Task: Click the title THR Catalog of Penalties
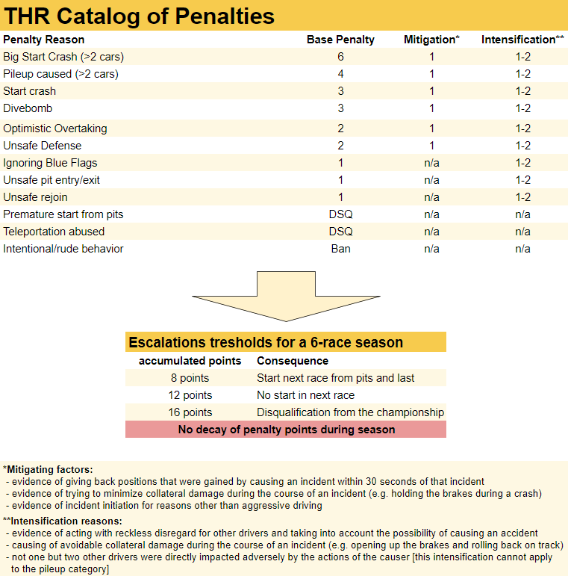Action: point(140,16)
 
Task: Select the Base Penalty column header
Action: point(340,40)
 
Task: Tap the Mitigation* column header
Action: point(431,40)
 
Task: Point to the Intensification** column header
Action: point(522,40)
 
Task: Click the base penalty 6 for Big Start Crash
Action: point(340,57)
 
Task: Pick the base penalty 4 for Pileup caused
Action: point(340,74)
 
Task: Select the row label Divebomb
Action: point(28,108)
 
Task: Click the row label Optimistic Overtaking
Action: point(54,128)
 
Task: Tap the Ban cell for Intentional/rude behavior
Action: point(340,249)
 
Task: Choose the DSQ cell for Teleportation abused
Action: point(340,232)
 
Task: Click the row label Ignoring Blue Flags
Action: point(50,163)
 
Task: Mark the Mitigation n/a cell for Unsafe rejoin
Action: point(431,197)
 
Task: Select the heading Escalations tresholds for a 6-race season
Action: point(266,343)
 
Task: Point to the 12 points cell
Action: point(190,395)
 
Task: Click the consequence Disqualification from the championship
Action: point(350,412)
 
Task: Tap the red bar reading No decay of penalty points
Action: point(286,430)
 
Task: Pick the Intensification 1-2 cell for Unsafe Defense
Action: point(522,146)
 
